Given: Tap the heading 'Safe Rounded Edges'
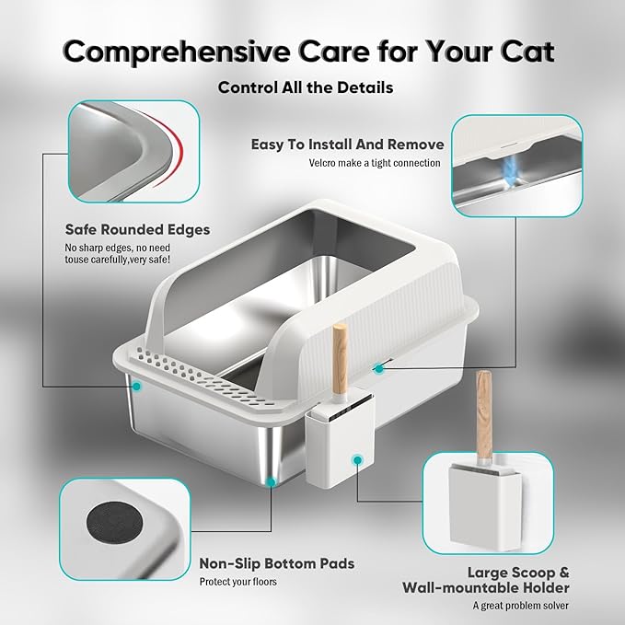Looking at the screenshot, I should pos(137,229).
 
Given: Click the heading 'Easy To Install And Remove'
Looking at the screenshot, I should pos(348,145).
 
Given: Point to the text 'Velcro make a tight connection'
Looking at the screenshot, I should pos(375,164).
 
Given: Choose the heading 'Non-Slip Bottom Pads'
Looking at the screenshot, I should pos(276,563).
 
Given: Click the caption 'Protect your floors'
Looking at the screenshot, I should pos(237,582).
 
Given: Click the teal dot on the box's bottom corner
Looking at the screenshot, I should pos(270,480).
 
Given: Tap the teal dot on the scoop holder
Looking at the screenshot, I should pos(357,457).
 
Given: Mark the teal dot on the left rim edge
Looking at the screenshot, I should pos(135,387).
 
